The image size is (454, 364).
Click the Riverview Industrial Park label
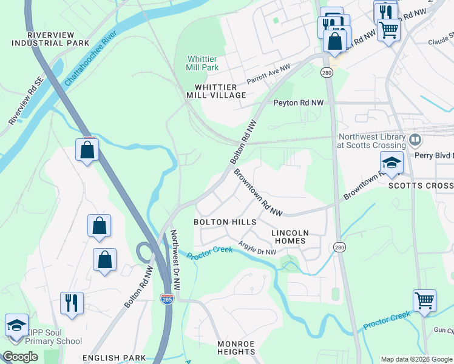(50, 38)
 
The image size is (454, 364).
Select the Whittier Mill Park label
(202, 63)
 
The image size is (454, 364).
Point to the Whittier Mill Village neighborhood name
(220, 91)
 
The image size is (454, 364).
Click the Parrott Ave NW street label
(268, 75)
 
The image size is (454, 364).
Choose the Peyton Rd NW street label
(299, 103)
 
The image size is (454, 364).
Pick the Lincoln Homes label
(290, 237)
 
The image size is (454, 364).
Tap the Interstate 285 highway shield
(166, 298)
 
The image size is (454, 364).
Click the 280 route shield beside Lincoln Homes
(339, 247)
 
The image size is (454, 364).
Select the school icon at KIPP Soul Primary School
(16, 325)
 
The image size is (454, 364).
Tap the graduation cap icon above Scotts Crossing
(391, 163)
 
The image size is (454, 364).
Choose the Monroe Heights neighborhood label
(236, 348)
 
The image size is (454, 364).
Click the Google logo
(20, 357)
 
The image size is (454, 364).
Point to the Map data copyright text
(415, 359)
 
